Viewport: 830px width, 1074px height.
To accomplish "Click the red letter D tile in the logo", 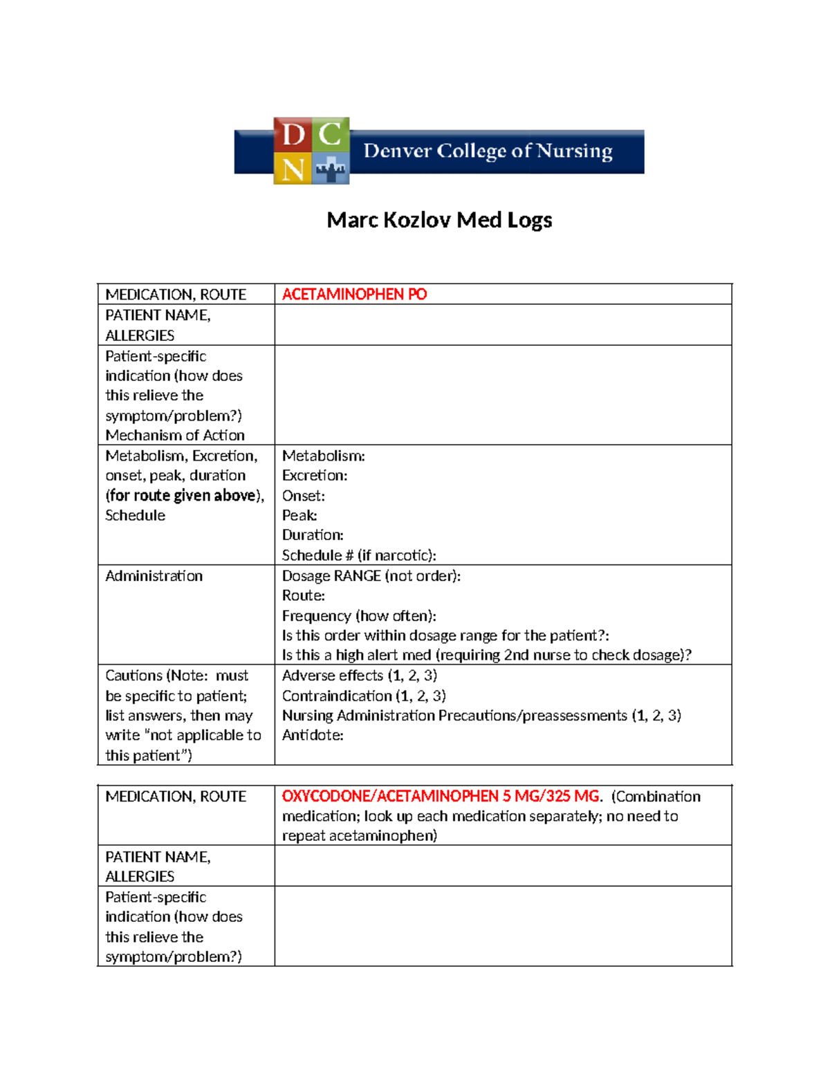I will (293, 134).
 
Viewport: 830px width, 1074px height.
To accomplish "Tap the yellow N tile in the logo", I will (293, 168).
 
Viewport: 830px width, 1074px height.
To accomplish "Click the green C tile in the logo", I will (331, 134).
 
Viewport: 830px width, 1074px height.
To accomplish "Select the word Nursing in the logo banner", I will (574, 151).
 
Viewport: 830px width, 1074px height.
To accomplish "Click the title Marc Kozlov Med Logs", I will (439, 220).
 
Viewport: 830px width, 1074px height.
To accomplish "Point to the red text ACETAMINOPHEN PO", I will (354, 295).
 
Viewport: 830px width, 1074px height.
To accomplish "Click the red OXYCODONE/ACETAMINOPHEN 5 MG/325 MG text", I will (441, 796).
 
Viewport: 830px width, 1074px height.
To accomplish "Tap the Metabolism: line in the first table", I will (323, 456).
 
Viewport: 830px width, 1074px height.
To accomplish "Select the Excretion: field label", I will (315, 476).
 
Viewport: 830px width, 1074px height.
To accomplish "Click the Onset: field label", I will (303, 496).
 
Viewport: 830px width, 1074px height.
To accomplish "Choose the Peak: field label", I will (299, 515).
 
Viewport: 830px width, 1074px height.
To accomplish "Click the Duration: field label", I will (313, 535).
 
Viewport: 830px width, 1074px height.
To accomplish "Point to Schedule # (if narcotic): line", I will (359, 555).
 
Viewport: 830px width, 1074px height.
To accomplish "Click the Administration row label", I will (154, 576).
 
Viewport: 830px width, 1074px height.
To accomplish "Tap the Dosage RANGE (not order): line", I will (371, 576).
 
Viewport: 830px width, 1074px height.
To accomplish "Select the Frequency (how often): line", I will (359, 615).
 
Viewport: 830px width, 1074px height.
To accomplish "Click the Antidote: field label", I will (313, 735).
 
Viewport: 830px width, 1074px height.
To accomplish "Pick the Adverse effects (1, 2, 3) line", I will (359, 676).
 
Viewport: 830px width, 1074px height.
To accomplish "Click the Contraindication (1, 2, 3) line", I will (364, 696).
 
